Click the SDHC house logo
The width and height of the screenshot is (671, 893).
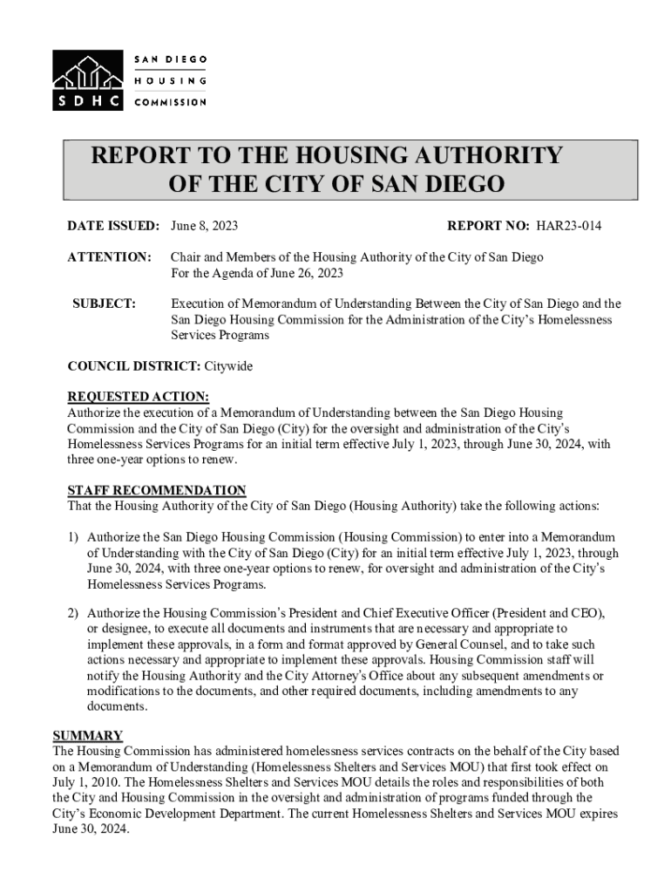(88, 78)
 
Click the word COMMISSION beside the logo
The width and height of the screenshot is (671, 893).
(170, 102)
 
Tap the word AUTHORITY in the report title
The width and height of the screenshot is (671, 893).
(471, 156)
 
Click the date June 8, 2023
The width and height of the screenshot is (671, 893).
(205, 227)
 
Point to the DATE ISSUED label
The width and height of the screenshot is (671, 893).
(113, 227)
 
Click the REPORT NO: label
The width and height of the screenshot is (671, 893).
(488, 227)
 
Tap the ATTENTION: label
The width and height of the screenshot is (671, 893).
(110, 257)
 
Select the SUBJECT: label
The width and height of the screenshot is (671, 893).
(104, 303)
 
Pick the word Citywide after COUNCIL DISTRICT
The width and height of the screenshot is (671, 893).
(227, 366)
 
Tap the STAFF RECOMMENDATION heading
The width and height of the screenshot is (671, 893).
(157, 490)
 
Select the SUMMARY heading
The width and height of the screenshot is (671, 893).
(88, 734)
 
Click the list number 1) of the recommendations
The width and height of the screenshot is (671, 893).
(75, 537)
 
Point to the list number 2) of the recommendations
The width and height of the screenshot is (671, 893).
(75, 613)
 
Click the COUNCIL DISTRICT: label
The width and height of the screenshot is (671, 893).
(134, 366)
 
